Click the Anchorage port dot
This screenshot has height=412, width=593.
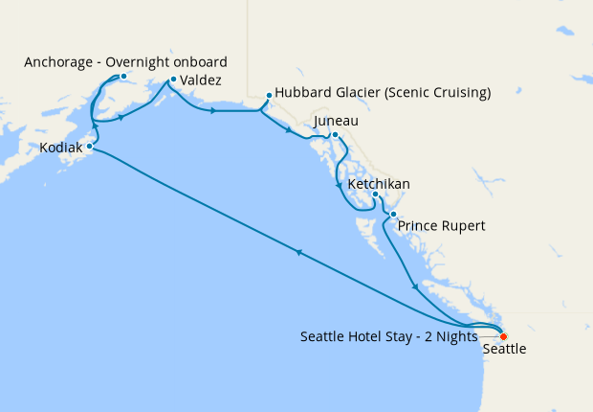123,76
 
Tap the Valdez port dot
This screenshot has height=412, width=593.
172,80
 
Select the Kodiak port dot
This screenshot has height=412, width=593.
89,147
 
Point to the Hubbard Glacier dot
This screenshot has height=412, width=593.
269,94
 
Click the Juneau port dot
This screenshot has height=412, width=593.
335,135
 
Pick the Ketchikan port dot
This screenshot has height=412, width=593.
376,195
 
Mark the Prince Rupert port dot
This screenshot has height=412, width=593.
392,214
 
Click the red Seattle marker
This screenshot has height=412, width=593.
503,336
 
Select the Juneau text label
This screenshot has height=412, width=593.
336,122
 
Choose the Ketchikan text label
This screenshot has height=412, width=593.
380,183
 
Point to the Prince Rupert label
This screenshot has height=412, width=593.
442,226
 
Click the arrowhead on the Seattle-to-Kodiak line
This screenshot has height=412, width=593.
299,253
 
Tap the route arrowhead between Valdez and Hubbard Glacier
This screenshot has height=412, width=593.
212,111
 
